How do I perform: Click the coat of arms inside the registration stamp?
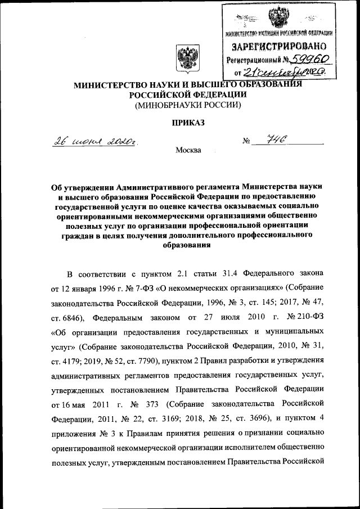tap(277, 20)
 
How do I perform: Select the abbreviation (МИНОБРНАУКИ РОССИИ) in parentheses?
tap(187, 105)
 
